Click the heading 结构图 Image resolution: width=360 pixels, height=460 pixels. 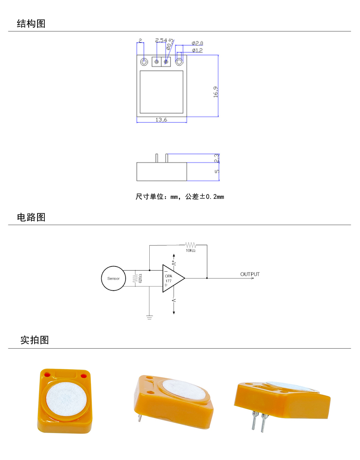(31, 24)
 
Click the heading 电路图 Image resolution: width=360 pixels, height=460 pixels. (31, 217)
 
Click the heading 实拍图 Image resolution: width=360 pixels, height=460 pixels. (34, 340)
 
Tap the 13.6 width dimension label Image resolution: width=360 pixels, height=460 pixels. (161, 120)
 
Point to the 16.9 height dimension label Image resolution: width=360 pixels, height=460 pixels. (216, 92)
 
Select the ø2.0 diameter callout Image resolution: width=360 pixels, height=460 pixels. (197, 43)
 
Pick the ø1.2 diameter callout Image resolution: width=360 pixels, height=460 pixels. (197, 50)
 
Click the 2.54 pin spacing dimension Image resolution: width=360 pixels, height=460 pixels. (161, 40)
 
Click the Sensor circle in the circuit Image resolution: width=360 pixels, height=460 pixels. (113, 279)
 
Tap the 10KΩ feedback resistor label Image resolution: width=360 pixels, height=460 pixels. (191, 250)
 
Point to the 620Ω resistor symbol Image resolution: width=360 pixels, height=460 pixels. (135, 279)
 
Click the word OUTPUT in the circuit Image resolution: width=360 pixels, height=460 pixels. (250, 274)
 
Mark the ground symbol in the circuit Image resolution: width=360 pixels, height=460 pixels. (150, 317)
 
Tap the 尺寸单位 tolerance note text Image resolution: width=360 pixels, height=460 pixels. (180, 197)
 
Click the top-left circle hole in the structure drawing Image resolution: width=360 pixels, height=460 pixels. (144, 62)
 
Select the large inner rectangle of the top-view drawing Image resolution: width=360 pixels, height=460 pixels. (161, 92)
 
